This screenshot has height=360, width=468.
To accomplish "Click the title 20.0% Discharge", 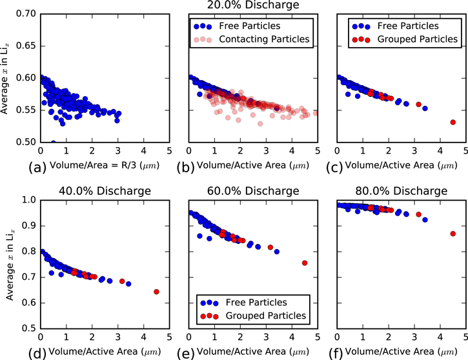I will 252,6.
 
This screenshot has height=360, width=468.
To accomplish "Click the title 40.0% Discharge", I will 105,191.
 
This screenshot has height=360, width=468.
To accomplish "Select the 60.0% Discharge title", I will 252,191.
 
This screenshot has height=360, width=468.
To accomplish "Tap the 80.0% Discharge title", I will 401,191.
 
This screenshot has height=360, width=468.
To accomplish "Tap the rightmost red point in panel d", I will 156,292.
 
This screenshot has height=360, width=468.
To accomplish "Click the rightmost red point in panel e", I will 305,263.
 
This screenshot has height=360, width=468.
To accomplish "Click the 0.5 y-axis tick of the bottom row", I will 28,328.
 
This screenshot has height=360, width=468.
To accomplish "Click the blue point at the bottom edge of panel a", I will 53,141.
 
